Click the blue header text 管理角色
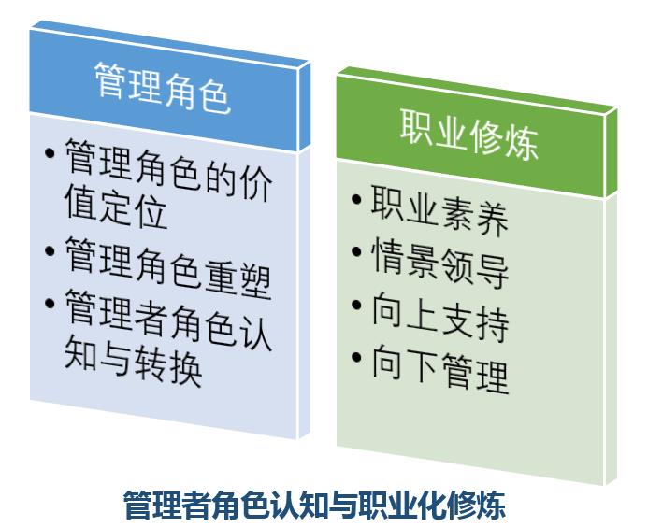[x=163, y=87]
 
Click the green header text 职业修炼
[x=469, y=134]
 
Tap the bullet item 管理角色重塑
[x=168, y=267]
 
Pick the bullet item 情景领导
[x=439, y=263]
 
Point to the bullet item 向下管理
[x=439, y=368]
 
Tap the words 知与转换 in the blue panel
[x=133, y=361]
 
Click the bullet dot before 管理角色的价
[x=50, y=153]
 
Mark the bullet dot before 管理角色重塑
[x=50, y=251]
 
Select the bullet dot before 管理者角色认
[x=50, y=304]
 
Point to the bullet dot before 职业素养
[x=356, y=199]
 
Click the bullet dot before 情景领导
[x=356, y=251]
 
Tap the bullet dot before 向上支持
[x=356, y=305]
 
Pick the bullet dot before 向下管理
[x=356, y=357]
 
